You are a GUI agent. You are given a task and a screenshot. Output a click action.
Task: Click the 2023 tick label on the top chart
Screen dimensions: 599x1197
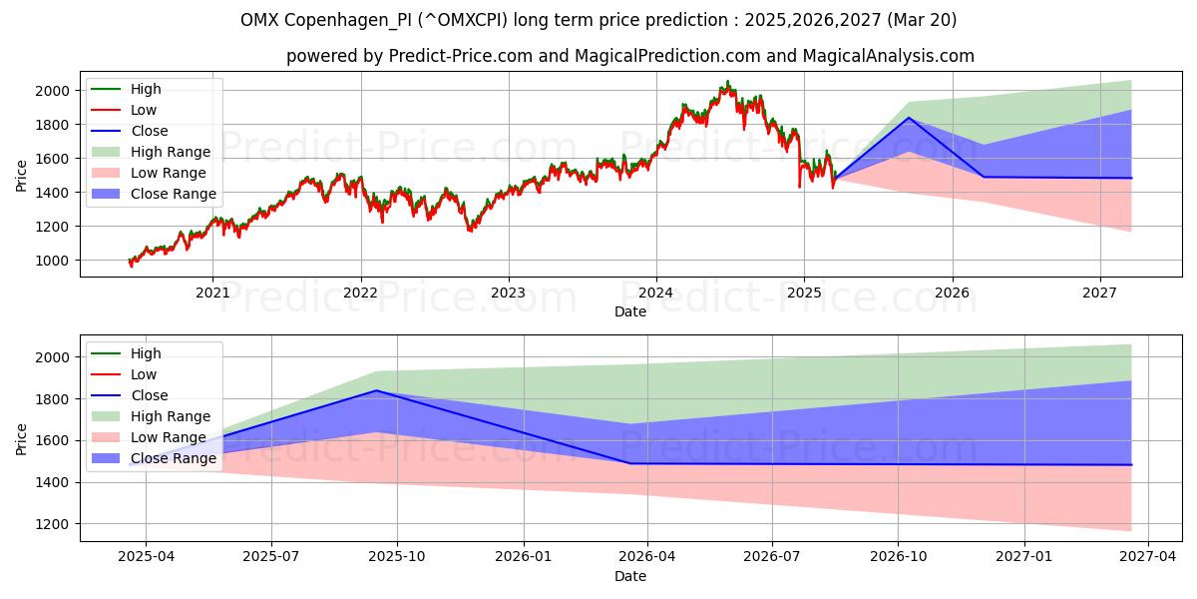508,293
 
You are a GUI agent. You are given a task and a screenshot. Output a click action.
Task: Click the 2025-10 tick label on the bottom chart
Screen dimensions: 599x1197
397,557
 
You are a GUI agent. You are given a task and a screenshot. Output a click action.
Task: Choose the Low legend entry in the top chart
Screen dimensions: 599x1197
144,110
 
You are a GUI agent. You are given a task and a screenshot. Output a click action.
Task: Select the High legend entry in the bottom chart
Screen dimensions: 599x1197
146,353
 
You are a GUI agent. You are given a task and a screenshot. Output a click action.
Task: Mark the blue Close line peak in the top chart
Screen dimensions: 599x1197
909,118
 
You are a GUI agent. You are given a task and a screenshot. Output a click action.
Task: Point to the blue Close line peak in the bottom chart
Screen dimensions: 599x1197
376,390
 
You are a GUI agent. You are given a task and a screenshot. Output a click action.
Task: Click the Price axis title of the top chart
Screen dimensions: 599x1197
22,176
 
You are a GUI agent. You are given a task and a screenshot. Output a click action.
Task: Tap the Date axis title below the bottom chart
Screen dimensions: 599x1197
629,576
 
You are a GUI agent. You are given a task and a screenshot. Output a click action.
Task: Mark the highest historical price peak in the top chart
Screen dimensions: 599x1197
727,82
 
